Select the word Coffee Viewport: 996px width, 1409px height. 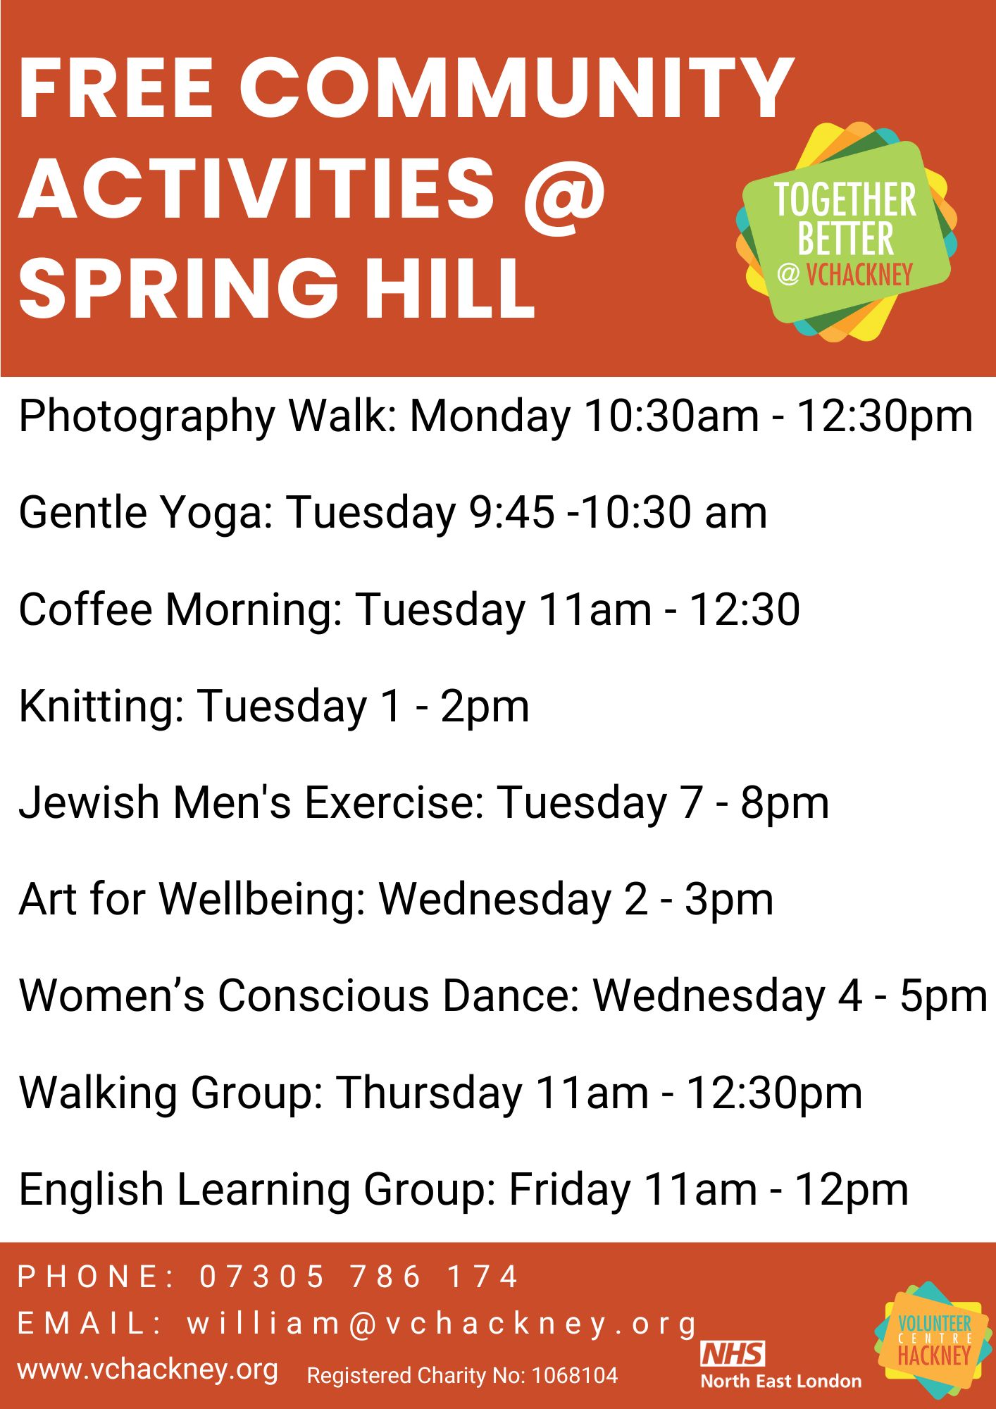[85, 609]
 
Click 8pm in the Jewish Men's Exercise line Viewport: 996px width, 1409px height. [784, 803]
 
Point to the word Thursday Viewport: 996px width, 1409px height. [428, 1093]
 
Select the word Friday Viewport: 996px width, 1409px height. [569, 1191]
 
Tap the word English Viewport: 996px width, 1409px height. [91, 1191]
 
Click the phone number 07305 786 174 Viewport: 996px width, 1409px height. [359, 1277]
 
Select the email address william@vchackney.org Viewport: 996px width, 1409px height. [442, 1324]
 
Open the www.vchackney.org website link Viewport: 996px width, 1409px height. [148, 1370]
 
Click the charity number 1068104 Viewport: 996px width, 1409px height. [574, 1375]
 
